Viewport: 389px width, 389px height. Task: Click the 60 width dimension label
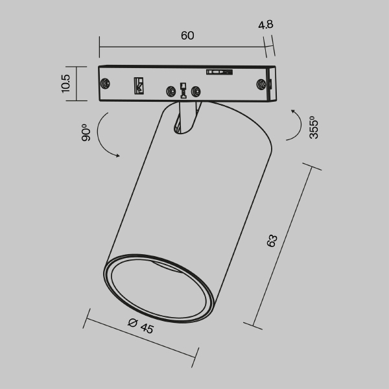tap(187, 36)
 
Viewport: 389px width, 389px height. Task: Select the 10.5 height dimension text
tap(65, 84)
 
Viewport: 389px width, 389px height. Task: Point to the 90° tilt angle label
tap(84, 134)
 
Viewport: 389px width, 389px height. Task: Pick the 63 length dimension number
tap(272, 241)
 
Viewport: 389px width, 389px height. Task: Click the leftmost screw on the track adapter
tap(104, 83)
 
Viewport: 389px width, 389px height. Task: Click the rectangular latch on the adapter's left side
tap(138, 85)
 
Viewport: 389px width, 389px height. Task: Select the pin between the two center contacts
tap(184, 90)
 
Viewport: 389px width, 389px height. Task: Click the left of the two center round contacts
tap(172, 91)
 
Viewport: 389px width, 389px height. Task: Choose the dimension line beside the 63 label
tap(285, 246)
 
